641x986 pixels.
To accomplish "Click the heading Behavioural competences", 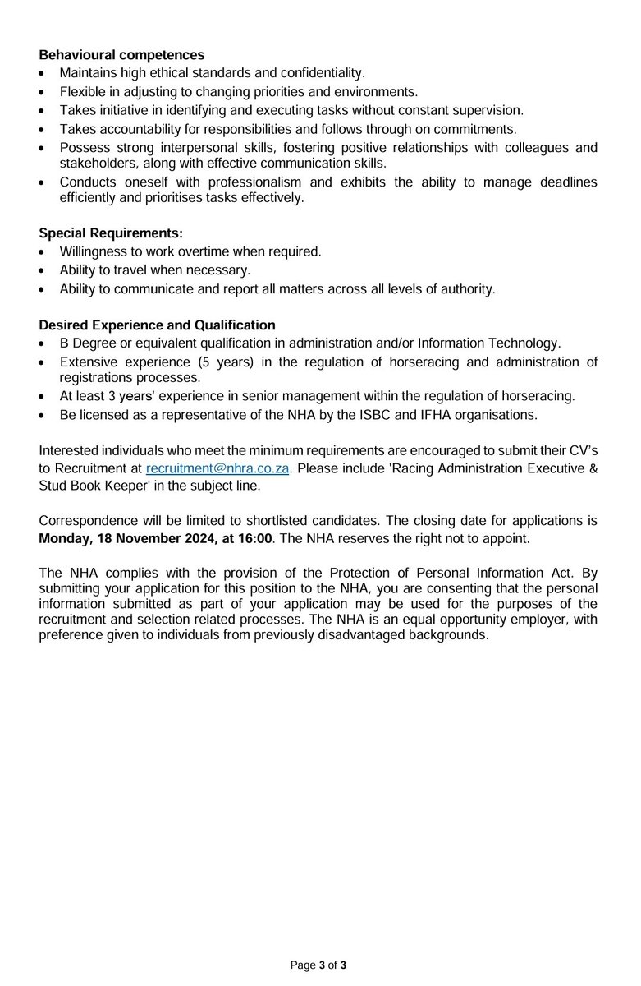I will pyautogui.click(x=122, y=56).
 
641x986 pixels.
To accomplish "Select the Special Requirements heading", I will pyautogui.click(x=111, y=233).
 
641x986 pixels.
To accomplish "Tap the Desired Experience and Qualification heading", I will pyautogui.click(x=158, y=325).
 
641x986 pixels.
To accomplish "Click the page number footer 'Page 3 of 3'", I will pyautogui.click(x=319, y=965).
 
